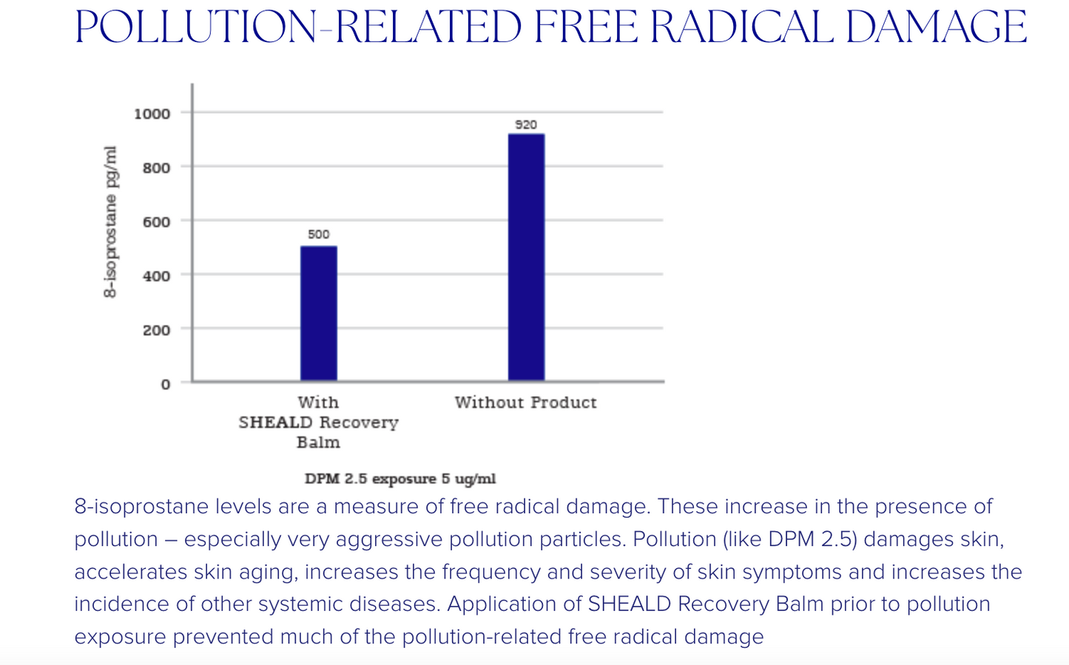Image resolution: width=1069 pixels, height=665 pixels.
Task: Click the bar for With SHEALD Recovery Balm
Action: [319, 314]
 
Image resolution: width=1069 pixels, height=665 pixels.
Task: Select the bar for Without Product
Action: [526, 257]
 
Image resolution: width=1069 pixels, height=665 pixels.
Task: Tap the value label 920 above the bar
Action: [526, 125]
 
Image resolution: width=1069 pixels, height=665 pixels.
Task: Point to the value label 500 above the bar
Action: [319, 234]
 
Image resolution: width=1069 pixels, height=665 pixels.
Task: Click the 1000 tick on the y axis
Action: [152, 114]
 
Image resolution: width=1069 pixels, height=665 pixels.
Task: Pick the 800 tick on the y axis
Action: [156, 168]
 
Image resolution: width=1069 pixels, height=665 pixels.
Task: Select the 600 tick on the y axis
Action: [156, 222]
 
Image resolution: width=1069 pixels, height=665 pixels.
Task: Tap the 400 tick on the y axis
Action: [156, 276]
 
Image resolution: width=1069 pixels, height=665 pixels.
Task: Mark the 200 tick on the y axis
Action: [156, 330]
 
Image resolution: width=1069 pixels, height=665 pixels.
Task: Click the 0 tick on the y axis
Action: [166, 384]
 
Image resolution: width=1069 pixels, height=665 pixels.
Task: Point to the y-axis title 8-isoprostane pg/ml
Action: [110, 222]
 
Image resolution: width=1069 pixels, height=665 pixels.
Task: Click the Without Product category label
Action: [525, 402]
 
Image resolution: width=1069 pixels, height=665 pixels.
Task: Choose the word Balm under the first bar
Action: [318, 442]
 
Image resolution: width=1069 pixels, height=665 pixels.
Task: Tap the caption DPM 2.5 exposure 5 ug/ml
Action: [400, 479]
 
